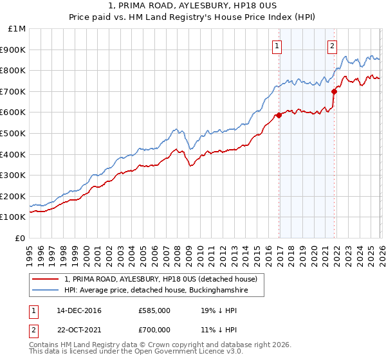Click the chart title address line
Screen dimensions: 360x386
(x=193, y=5)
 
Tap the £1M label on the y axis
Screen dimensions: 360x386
(x=17, y=29)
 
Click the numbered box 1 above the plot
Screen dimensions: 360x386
(x=277, y=46)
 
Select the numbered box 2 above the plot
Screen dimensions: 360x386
(x=332, y=46)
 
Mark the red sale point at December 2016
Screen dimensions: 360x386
(x=279, y=116)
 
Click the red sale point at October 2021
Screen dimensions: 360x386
(x=335, y=91)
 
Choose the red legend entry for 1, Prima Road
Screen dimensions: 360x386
(x=161, y=279)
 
